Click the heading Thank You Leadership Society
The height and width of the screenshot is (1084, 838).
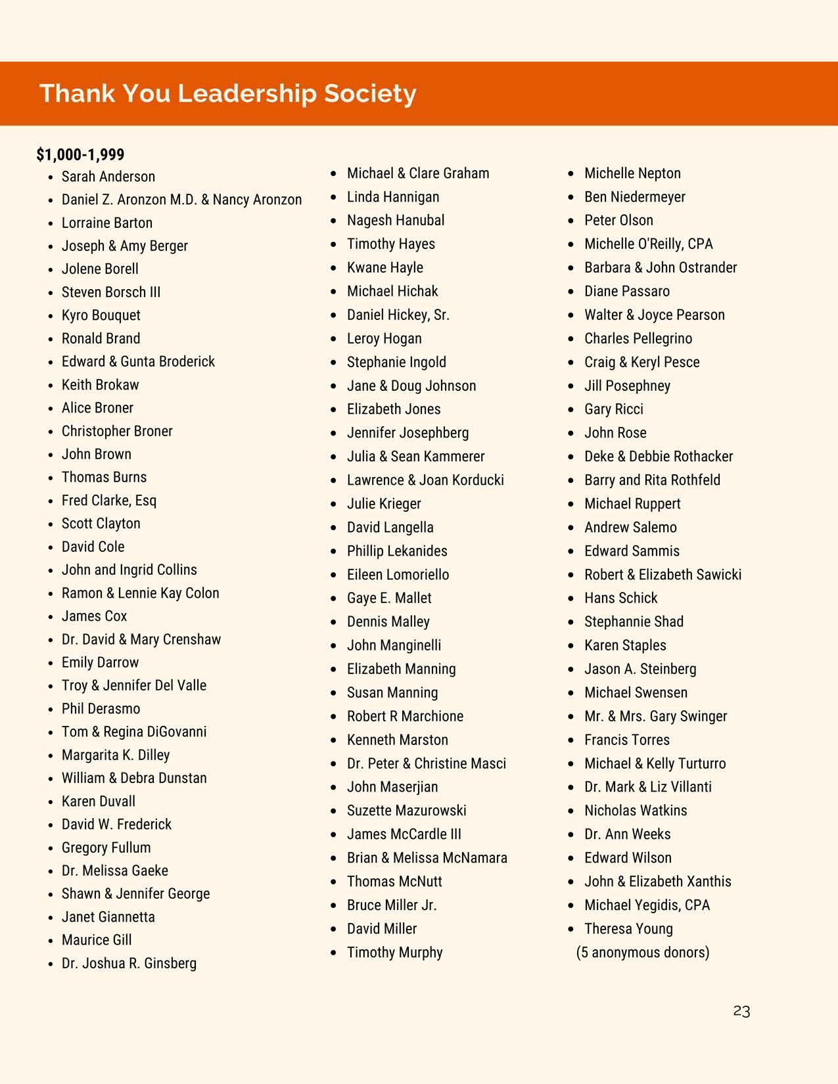coord(227,93)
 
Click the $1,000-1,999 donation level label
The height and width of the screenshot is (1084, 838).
coord(80,154)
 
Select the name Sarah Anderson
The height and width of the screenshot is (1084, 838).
coord(108,177)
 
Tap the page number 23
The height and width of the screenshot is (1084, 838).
coord(741,1011)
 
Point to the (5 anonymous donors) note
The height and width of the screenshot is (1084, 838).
coord(643,953)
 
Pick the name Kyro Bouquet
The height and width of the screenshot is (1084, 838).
coord(101,315)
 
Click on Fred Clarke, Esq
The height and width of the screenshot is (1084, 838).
coord(109,501)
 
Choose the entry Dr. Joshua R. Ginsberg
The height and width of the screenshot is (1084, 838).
coord(129,963)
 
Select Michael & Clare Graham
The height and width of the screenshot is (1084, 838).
coord(418,173)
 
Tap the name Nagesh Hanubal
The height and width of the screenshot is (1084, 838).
coord(396,220)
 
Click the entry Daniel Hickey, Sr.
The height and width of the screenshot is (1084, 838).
coord(398,315)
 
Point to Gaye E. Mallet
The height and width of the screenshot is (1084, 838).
coord(389,598)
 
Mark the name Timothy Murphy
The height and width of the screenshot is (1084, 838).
coord(394,953)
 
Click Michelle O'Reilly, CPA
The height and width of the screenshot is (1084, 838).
coord(648,244)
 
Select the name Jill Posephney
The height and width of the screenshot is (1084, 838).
coord(627,386)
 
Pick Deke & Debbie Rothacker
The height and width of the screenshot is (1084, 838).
coord(659,457)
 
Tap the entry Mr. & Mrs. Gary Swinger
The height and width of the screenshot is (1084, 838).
coord(655,716)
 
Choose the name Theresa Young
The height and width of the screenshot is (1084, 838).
coord(628,929)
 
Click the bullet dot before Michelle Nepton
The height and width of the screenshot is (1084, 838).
coord(571,174)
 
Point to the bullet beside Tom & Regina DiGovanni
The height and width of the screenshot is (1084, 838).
coord(51,733)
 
